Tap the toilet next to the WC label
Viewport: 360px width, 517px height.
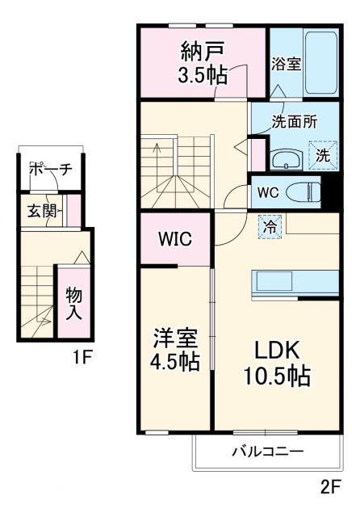pos(304,192)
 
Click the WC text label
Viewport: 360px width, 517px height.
pos(268,193)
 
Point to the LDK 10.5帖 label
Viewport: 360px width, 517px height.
pos(277,364)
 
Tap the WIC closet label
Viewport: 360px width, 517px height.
pos(175,239)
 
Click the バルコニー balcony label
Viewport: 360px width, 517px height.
pos(268,452)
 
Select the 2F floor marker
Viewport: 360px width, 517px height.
pos(328,489)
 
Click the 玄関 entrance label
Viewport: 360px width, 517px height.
pos(41,212)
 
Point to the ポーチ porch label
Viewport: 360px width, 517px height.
pos(51,169)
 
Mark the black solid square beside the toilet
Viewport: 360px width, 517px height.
pos(328,192)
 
